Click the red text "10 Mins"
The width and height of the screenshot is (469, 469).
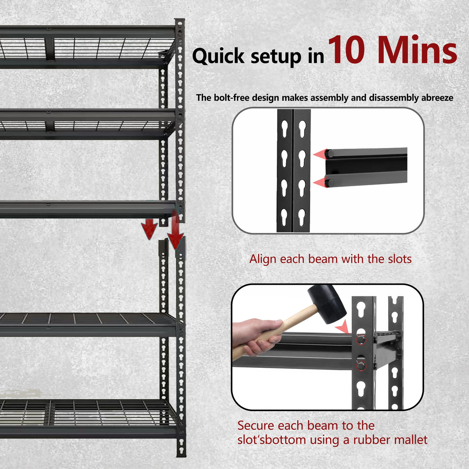[x=393, y=50]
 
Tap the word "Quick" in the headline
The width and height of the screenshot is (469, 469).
[x=219, y=56]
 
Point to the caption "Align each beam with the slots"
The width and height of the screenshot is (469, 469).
[x=330, y=259]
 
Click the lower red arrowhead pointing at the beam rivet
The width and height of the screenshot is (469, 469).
[x=319, y=182]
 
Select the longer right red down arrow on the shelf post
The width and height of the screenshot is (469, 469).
[x=175, y=232]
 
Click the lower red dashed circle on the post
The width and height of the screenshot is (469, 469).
[x=361, y=365]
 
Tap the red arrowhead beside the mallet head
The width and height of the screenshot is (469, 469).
[x=342, y=328]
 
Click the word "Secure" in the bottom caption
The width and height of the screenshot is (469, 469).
[x=256, y=426]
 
